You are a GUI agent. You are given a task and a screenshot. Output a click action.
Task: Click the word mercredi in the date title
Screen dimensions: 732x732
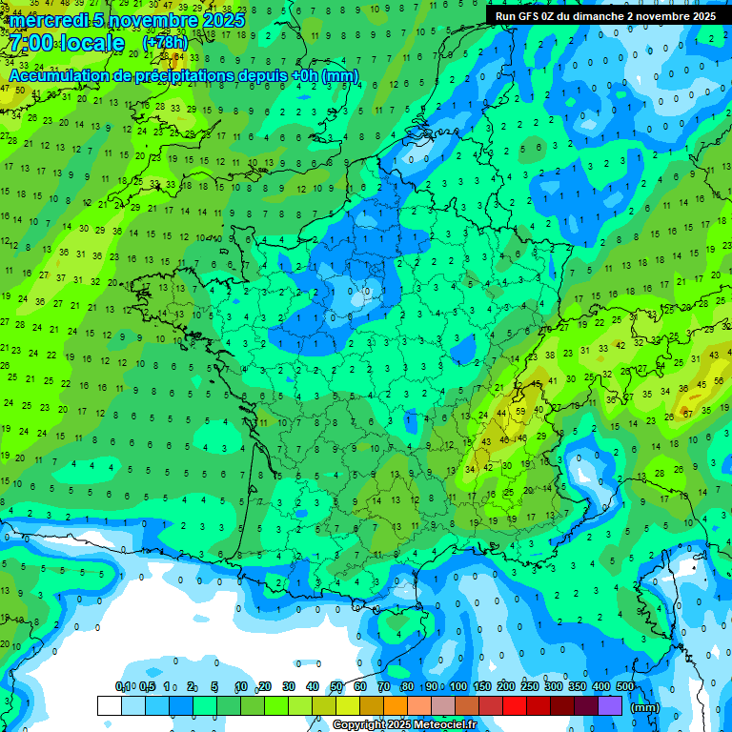[48, 20]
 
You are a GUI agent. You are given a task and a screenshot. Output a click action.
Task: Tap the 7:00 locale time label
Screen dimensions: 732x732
[66, 44]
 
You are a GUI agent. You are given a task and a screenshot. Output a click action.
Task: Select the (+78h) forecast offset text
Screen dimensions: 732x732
[165, 43]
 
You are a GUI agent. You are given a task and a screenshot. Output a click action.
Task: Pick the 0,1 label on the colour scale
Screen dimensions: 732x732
[122, 687]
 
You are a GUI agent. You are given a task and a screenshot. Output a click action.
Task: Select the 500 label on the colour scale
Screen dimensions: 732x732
[625, 687]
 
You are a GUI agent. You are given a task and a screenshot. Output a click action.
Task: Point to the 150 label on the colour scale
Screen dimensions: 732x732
[482, 687]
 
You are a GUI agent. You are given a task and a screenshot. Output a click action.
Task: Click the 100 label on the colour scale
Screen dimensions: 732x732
[458, 687]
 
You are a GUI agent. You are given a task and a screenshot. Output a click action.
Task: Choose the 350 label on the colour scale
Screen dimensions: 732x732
[578, 687]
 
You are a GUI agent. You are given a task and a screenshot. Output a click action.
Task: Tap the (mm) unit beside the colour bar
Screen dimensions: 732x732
[646, 707]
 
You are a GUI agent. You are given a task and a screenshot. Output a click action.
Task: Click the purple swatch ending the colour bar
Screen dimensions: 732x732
[610, 706]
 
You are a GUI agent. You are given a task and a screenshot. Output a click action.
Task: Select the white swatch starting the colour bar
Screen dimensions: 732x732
[109, 706]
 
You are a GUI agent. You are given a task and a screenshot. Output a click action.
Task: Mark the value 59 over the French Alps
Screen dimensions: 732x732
[520, 412]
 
